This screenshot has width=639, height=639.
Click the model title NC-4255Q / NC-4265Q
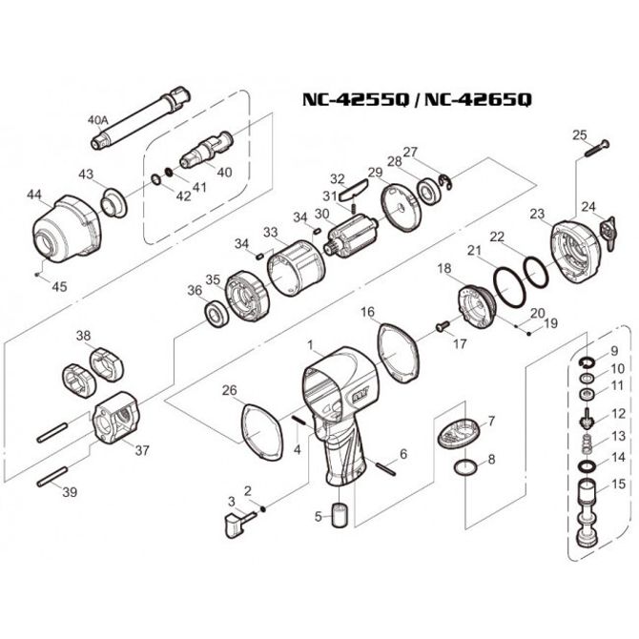[x=417, y=99]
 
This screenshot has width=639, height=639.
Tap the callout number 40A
[x=99, y=121]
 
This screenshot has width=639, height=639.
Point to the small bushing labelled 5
[x=341, y=517]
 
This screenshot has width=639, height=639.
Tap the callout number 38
[x=84, y=335]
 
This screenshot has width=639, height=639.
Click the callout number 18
[x=443, y=269]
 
